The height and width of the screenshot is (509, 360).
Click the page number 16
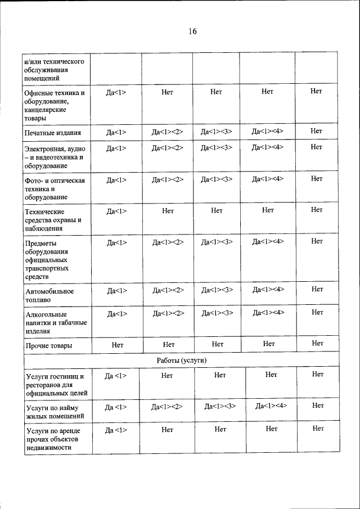pos(192,31)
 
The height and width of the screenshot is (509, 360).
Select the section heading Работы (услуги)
pos(181,359)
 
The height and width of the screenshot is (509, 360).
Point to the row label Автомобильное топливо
pos(49,296)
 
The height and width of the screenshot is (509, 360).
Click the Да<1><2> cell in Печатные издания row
pos(168,132)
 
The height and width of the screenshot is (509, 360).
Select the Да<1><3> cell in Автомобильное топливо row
pos(217,290)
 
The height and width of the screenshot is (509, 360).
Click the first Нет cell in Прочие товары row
pos(118,344)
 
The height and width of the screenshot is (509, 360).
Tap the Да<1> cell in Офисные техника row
pos(116,92)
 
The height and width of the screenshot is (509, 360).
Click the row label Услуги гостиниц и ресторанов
pos(55,384)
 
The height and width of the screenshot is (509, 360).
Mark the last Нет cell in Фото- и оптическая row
pos(316,179)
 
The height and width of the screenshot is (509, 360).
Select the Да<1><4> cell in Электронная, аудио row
pos(268,147)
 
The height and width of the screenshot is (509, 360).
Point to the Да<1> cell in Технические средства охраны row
pos(116,210)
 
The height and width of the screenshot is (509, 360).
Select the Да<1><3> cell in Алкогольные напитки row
pos(217,313)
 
